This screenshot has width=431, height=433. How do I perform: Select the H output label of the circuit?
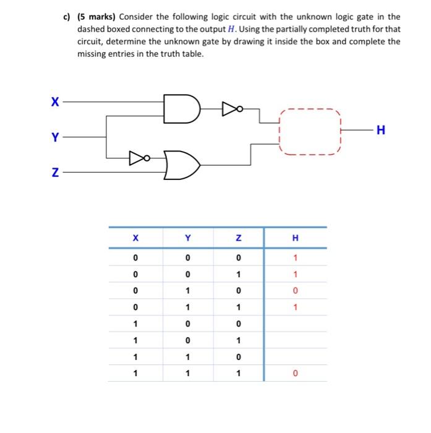click(380, 130)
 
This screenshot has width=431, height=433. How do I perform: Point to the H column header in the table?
click(295, 238)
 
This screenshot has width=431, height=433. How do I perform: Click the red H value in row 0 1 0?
click(295, 291)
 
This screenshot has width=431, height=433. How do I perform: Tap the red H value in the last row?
click(295, 373)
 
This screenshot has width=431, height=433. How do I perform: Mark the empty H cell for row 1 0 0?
click(295, 324)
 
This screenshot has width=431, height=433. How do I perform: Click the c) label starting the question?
click(68, 17)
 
